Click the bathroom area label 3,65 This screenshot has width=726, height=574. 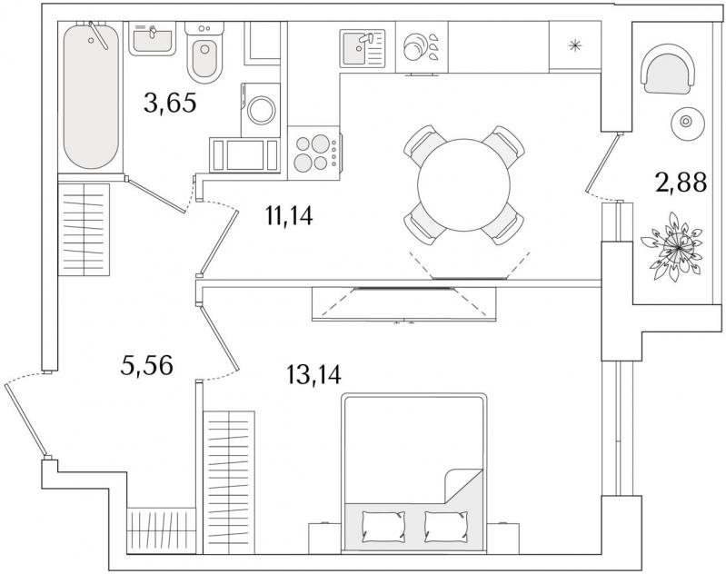170,103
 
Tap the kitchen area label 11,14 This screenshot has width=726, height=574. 289,215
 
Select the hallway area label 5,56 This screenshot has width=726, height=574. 146,365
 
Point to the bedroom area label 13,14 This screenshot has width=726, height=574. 313,374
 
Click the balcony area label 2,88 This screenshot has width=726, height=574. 681,182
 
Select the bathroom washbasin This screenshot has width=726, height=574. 152,38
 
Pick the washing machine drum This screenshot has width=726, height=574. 262,111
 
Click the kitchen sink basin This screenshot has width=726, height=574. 356,49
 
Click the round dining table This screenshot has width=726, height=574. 463,185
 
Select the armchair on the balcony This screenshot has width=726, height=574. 667,69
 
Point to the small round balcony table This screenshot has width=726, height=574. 688,122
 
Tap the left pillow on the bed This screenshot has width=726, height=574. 383,527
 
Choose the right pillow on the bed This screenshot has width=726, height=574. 445,527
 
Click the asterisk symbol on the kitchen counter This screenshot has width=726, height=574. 574,45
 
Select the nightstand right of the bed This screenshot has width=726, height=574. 503,538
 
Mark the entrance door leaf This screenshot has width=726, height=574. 26,419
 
